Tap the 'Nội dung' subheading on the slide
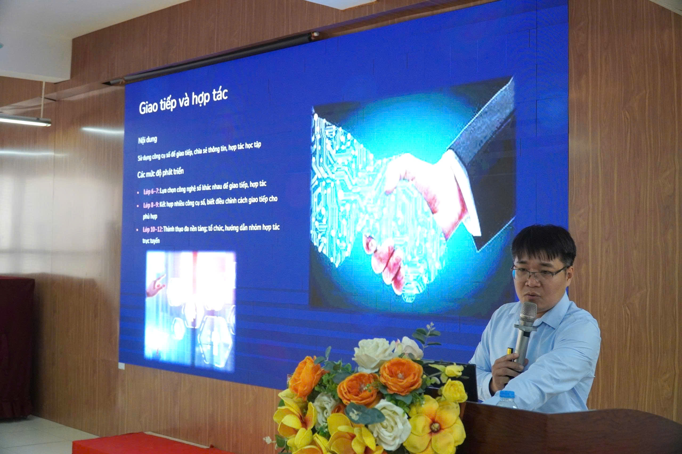click(x=147, y=139)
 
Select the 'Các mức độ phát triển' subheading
click(x=160, y=173)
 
